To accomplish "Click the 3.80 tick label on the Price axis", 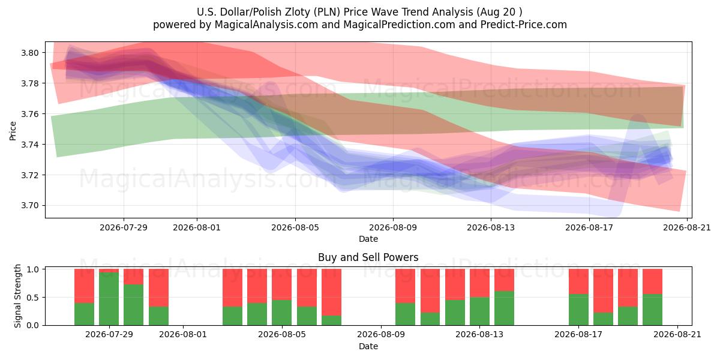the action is pyautogui.click(x=30, y=53).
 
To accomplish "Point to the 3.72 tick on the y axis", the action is pyautogui.click(x=30, y=175).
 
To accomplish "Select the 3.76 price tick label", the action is pyautogui.click(x=30, y=114).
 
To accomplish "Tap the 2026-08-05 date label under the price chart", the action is pyautogui.click(x=295, y=227).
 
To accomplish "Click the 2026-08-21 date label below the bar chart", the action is pyautogui.click(x=677, y=334).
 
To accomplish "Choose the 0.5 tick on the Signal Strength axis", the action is pyautogui.click(x=32, y=298).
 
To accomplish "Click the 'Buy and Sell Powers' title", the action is pyautogui.click(x=368, y=257).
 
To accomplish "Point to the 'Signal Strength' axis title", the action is pyautogui.click(x=17, y=296).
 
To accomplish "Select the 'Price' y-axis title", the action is pyautogui.click(x=13, y=131).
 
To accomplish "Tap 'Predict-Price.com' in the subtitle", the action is pyautogui.click(x=524, y=25).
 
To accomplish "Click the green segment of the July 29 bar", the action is pyautogui.click(x=109, y=299).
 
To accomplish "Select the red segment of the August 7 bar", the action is pyautogui.click(x=331, y=292).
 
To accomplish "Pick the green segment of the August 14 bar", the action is pyautogui.click(x=505, y=308).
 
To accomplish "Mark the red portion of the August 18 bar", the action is pyautogui.click(x=604, y=291).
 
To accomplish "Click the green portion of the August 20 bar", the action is pyautogui.click(x=653, y=310).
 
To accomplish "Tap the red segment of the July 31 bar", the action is pyautogui.click(x=158, y=287).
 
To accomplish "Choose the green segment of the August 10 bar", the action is pyautogui.click(x=406, y=314).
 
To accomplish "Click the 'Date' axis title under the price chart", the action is pyautogui.click(x=368, y=239).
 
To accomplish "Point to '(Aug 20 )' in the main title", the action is pyautogui.click(x=499, y=12).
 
